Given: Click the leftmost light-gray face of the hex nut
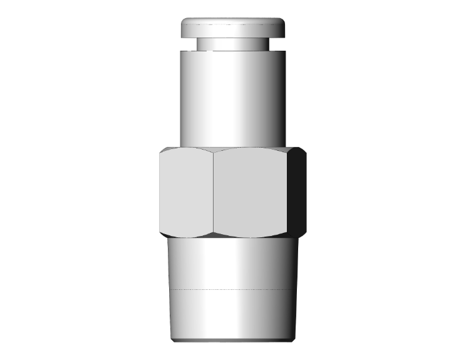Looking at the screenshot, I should pos(186,193).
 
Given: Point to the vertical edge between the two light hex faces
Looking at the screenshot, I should pos(213,193).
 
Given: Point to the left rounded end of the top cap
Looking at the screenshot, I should pos(184,28).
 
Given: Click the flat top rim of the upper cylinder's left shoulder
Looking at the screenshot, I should pos(188,51).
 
